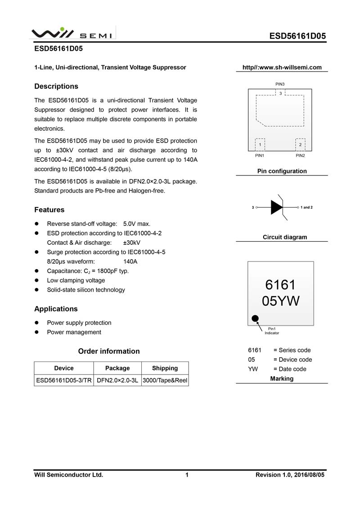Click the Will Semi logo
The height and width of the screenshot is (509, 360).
(x=72, y=34)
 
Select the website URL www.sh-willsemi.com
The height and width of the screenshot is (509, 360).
(x=282, y=68)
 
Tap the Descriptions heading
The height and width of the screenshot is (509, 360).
(x=56, y=86)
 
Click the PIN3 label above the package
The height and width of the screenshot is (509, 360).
(x=280, y=84)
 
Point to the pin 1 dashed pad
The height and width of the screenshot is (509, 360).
(x=260, y=144)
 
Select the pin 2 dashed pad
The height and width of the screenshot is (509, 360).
(x=300, y=144)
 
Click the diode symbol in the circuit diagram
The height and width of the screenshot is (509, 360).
(x=277, y=207)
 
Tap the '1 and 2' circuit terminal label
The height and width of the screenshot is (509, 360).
(x=306, y=207)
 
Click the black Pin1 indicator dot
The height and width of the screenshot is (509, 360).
(x=255, y=319)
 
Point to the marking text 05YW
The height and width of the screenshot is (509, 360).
(x=280, y=301)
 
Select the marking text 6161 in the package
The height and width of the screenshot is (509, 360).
(x=280, y=285)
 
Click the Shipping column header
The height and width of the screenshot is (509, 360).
(x=165, y=368)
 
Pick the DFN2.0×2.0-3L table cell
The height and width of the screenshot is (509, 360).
(x=117, y=380)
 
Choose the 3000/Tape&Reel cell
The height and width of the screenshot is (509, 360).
(x=165, y=380)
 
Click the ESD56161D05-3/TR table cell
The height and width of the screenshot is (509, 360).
(x=64, y=380)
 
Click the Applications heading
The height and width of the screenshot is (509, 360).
(x=56, y=309)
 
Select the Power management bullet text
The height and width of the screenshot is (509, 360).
(x=74, y=332)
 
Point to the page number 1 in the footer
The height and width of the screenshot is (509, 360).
(x=186, y=474)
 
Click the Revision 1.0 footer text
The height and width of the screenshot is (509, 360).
(x=290, y=474)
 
